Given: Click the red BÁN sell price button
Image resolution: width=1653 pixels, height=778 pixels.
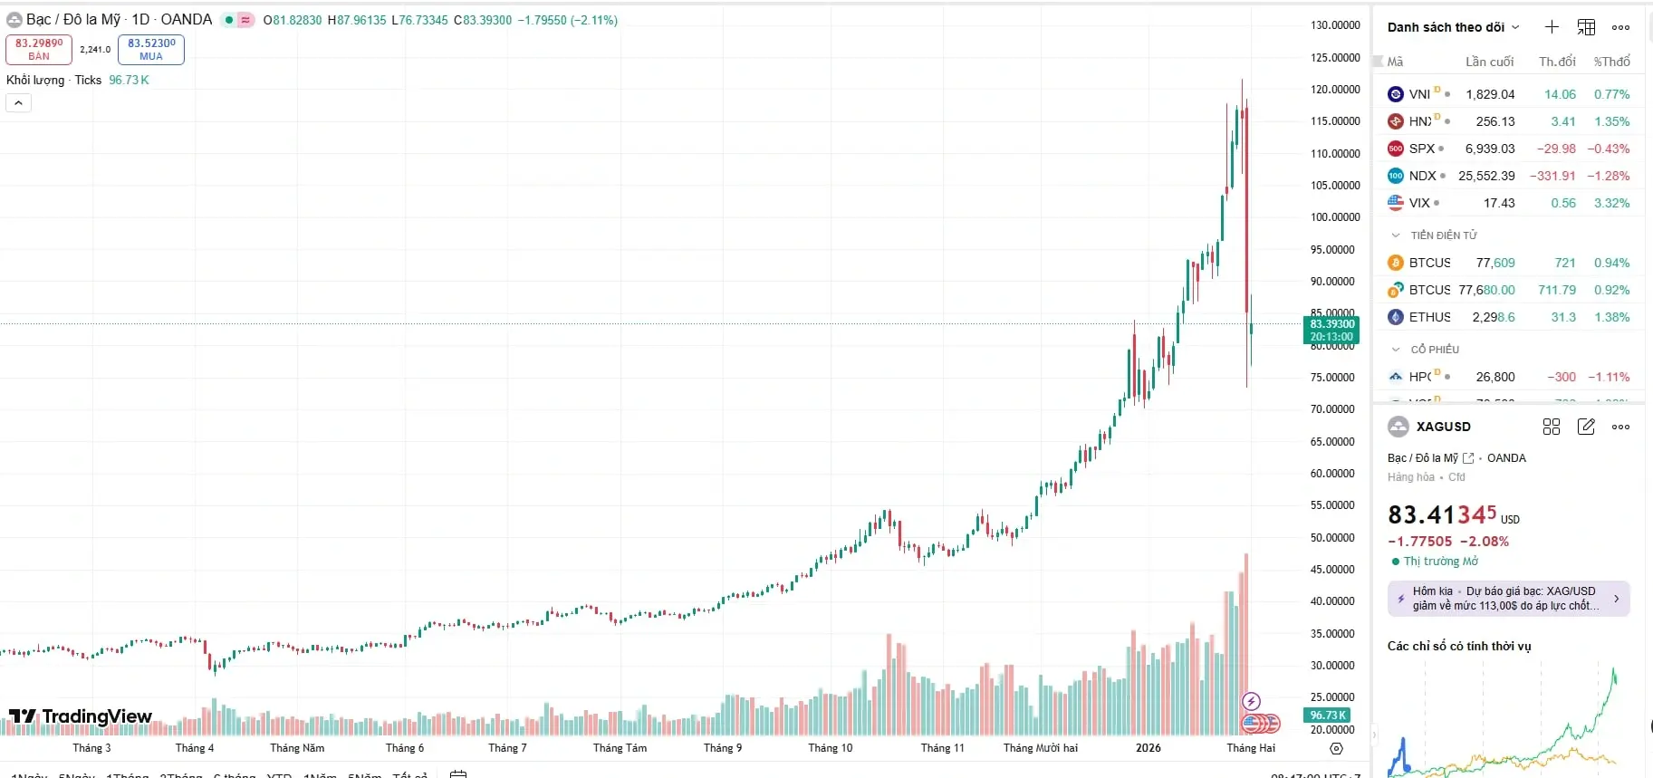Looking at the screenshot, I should click(39, 49).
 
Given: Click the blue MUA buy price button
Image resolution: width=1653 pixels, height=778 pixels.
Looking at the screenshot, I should click(151, 49).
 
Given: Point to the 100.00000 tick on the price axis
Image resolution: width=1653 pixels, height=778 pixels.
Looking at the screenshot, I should click(1334, 217).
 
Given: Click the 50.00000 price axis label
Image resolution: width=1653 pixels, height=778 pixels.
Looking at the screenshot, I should click(1334, 538).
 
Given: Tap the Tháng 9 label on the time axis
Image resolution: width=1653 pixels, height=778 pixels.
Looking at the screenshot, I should click(723, 748).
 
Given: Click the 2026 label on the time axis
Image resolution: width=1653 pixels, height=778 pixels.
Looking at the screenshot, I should click(1148, 748).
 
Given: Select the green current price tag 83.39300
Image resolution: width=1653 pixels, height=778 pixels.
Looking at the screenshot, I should click(1331, 330).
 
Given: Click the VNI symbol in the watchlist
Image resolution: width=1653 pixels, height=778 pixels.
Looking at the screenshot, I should click(1419, 94).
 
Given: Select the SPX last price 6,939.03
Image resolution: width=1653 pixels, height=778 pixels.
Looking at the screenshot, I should click(1490, 149).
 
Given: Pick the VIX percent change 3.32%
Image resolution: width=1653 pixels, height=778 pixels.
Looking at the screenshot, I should click(1611, 203).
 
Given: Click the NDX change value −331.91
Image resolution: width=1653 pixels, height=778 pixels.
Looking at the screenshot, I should click(1552, 176).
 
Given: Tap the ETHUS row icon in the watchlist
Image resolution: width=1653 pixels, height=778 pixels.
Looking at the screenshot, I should click(1396, 317).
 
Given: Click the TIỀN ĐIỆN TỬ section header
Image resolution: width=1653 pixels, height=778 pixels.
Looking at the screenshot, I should click(1443, 235).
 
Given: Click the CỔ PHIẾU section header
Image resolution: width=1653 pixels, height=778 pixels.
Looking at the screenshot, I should click(1435, 350).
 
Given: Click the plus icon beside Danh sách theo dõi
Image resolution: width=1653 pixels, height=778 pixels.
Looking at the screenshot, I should click(1552, 27).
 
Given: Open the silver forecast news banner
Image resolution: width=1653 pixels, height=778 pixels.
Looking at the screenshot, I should click(1508, 599).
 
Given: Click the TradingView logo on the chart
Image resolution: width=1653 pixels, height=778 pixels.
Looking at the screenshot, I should click(81, 717).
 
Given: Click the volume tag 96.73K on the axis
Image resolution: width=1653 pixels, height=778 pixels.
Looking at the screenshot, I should click(1328, 716).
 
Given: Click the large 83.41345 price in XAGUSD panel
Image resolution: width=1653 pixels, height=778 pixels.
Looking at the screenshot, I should click(1442, 515).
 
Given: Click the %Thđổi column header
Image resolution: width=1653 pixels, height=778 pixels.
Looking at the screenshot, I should click(1611, 62).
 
